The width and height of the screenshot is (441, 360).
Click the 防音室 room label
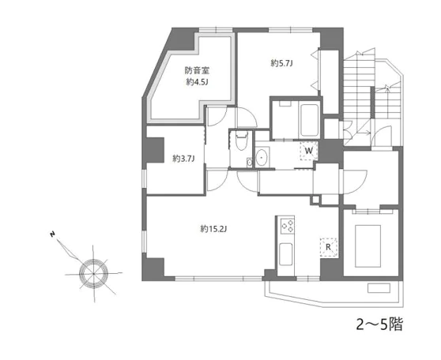point(197,70)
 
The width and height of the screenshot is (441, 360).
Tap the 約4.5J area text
point(197,82)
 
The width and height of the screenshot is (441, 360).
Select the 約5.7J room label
point(281,63)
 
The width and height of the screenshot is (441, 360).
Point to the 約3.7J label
point(183,159)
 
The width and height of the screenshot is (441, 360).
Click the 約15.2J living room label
point(213,229)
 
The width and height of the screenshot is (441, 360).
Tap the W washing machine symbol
point(309,151)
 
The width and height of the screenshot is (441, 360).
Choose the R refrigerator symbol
point(328,247)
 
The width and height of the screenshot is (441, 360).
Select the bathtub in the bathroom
point(309,120)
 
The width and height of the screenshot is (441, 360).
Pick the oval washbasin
point(262,157)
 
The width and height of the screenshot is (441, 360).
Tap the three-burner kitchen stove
point(288,226)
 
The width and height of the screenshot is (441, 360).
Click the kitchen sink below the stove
point(285,254)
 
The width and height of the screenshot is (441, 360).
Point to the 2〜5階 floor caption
point(379,324)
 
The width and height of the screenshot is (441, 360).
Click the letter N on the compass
point(52,234)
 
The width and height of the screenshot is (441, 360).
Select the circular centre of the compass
point(93,272)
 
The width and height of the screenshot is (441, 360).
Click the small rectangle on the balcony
point(379,288)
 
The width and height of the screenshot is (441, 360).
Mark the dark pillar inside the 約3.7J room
point(155,150)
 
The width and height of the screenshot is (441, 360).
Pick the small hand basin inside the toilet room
point(249,163)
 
